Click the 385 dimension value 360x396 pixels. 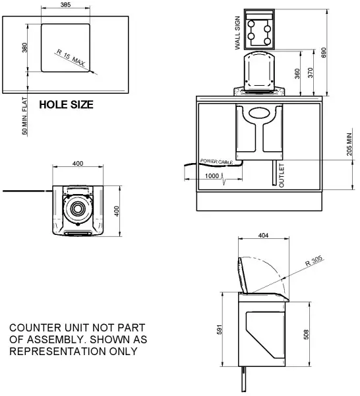tap(66, 5)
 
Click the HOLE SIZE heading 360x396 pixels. tap(67, 104)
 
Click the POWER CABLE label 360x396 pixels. tap(217, 161)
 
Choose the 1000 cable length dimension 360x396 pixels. tap(212, 176)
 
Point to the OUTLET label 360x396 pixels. tap(282, 175)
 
